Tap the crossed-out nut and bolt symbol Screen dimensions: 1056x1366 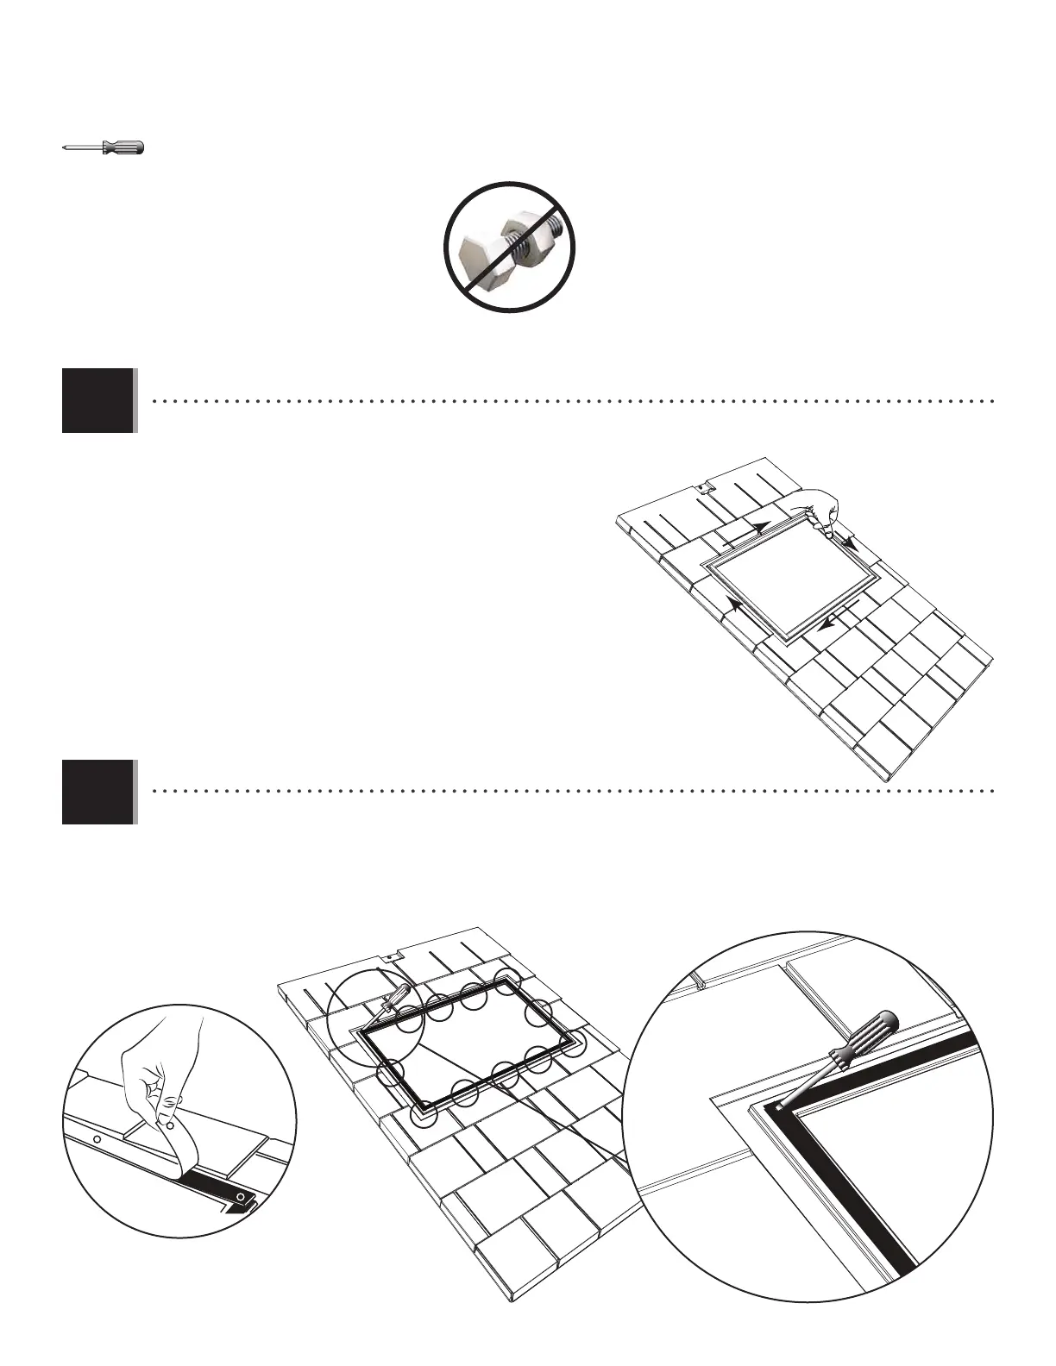tap(510, 247)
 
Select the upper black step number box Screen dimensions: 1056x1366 tap(98, 400)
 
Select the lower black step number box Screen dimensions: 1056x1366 tap(98, 792)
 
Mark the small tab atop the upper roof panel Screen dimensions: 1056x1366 tap(704, 488)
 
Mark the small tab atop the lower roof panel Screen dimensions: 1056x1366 tap(390, 957)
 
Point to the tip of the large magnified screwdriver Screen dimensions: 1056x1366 tap(781, 1105)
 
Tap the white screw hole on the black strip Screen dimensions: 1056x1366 tap(241, 1198)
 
